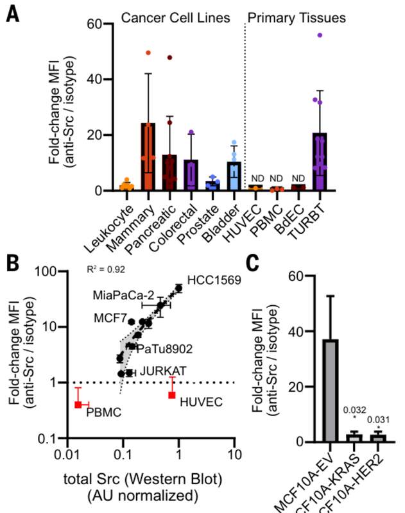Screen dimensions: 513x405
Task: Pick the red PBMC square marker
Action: click(x=78, y=405)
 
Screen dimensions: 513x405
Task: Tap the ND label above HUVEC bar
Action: click(x=255, y=178)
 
